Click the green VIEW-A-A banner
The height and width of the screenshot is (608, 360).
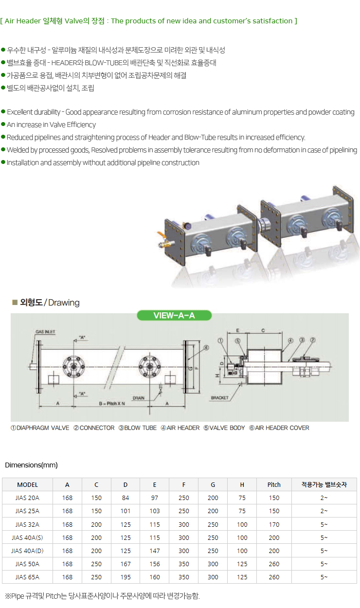174,315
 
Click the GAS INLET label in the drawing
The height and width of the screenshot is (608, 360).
45,332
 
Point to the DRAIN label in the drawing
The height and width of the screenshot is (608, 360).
139,398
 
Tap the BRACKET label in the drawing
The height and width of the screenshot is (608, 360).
220,398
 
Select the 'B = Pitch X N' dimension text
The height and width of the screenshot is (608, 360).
111,404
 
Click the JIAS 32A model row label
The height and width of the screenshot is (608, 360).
27,524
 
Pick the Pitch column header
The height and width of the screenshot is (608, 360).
274,484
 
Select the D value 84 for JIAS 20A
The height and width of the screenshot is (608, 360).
126,498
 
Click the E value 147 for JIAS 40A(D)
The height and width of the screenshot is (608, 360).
155,551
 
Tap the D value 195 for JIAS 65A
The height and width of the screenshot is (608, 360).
126,577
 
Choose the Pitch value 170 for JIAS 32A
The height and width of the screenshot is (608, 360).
274,524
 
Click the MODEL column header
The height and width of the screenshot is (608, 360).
27,484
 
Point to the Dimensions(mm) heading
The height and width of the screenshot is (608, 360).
31,465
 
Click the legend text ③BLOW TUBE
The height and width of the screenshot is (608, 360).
138,428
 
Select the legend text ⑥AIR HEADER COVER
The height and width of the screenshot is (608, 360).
279,428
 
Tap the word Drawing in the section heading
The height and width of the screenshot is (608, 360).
64,303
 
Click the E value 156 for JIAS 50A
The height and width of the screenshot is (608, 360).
155,564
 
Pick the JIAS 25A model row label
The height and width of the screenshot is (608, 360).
27,511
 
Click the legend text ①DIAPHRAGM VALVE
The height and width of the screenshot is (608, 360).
40,428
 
